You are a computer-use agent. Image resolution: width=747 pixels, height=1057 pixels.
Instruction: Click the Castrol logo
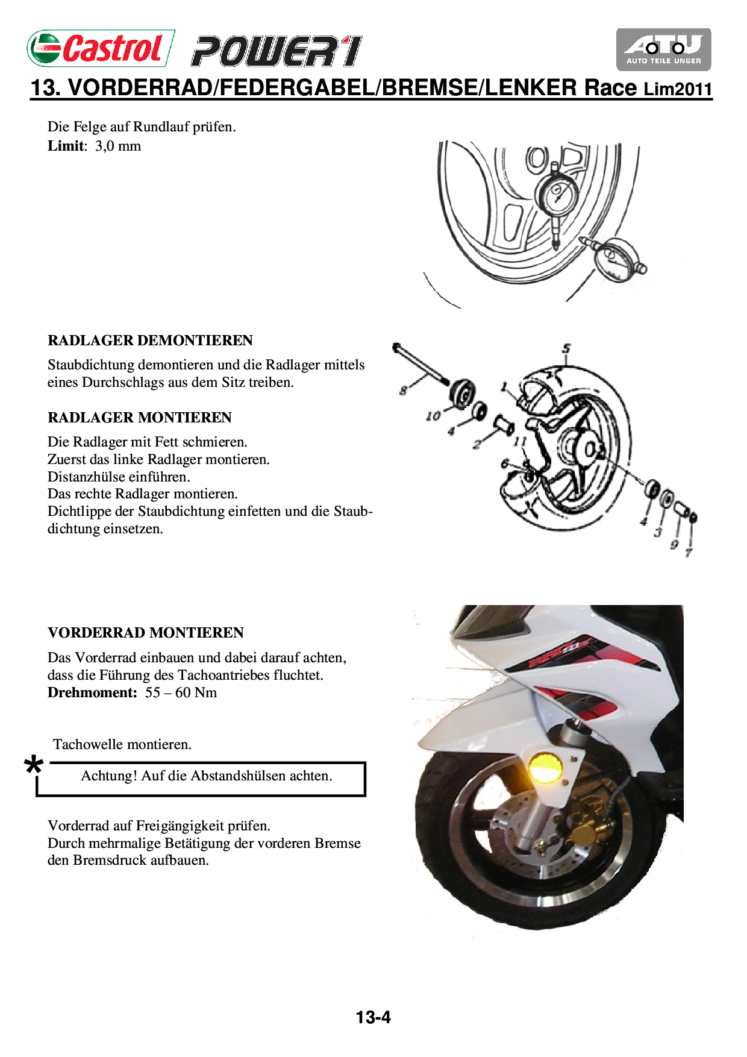[101, 48]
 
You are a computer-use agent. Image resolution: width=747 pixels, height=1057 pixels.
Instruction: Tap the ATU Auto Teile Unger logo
[663, 49]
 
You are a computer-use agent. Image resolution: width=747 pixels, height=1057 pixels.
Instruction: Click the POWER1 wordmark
[277, 51]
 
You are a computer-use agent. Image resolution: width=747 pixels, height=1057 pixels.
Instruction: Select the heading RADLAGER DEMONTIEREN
[150, 340]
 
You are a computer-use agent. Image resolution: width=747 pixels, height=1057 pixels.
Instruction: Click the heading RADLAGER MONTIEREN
[140, 418]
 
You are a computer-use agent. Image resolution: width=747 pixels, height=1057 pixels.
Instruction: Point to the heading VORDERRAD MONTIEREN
[146, 633]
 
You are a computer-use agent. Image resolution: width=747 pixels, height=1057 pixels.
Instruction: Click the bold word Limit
[66, 146]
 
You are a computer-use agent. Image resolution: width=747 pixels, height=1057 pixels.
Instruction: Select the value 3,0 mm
[118, 146]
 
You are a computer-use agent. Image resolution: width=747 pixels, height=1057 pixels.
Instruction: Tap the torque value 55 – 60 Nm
[181, 692]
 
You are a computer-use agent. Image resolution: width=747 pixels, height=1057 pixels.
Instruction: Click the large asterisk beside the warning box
[34, 767]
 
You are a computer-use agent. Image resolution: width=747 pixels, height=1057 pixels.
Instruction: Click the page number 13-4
[373, 1017]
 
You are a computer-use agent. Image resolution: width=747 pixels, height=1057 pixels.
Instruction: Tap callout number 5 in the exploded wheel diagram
[566, 349]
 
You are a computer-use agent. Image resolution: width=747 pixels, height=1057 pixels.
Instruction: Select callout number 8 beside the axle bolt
[403, 390]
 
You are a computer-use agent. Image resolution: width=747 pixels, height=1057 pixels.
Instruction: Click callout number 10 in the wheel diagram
[433, 416]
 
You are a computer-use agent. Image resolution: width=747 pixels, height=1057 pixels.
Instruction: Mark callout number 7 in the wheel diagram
[689, 552]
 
